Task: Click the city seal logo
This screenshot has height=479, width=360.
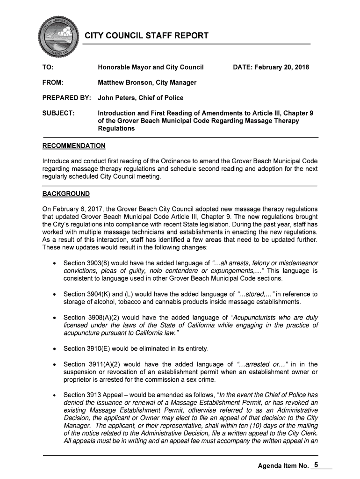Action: tap(58, 36)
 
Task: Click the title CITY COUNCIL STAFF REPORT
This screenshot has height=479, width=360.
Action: tap(146, 36)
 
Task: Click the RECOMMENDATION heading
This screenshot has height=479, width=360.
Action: tap(74, 145)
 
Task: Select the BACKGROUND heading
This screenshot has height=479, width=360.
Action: tap(66, 194)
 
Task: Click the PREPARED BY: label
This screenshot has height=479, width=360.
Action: tap(66, 98)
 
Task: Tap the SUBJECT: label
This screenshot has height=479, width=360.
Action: tap(58, 113)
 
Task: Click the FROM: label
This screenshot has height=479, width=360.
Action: tap(53, 83)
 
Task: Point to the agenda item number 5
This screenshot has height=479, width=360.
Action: tap(317, 465)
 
